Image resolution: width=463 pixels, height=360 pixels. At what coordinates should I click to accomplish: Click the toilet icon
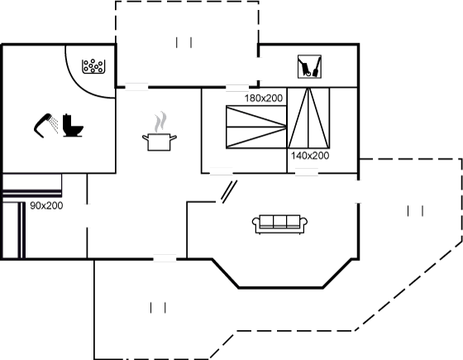pos(73,126)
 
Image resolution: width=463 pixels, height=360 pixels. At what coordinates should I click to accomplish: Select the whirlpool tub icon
pos(93,66)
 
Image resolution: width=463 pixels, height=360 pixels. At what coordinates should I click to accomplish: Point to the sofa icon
pos(279,224)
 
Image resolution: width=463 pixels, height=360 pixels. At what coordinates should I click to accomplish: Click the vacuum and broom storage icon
pos(309,66)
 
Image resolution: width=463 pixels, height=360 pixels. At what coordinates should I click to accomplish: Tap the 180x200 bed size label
pos(264,98)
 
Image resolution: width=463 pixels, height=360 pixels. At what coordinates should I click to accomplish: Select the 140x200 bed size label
pos(310,156)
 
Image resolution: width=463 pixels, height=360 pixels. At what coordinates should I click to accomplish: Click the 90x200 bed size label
pos(46,206)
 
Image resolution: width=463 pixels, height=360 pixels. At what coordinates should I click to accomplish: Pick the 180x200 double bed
pos(256,127)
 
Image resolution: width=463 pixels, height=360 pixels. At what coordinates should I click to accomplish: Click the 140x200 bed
pos(308,118)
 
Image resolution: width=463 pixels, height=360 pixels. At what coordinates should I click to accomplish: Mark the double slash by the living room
pos(230,192)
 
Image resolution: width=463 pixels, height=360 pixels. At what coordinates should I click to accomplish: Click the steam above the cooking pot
pos(160,122)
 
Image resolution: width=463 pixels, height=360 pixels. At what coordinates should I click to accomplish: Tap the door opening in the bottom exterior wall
pos(165,258)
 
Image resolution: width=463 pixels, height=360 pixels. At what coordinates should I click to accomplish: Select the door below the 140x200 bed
pos(307,172)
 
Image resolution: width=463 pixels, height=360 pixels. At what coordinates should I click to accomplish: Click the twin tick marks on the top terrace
pos(184,42)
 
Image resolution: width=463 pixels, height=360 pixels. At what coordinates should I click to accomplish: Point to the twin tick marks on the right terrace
pos(415,211)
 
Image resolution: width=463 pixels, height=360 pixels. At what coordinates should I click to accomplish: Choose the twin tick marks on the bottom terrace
pos(158,308)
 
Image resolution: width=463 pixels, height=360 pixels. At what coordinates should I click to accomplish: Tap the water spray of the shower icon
pos(54,124)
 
